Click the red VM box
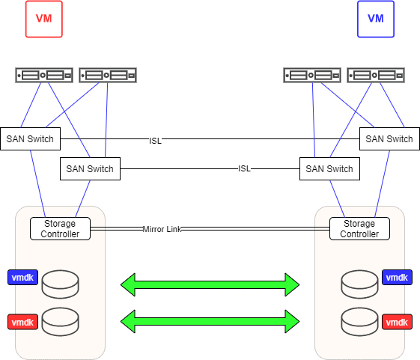pyautogui.click(x=44, y=19)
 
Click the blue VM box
pyautogui.click(x=376, y=19)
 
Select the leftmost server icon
pyautogui.click(x=44, y=76)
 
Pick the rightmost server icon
pyautogui.click(x=376, y=76)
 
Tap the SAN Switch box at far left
pyautogui.click(x=30, y=138)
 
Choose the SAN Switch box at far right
pyautogui.click(x=389, y=138)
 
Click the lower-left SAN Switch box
pyautogui.click(x=91, y=168)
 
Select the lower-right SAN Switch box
pyautogui.click(x=329, y=168)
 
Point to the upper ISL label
pyautogui.click(x=156, y=141)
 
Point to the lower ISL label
pyautogui.click(x=244, y=168)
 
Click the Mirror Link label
pyautogui.click(x=162, y=229)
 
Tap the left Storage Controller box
pyautogui.click(x=61, y=228)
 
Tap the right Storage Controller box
pyautogui.click(x=359, y=228)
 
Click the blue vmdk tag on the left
pyautogui.click(x=22, y=277)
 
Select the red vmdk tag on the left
pyautogui.click(x=22, y=322)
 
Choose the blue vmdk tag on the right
pyautogui.click(x=397, y=277)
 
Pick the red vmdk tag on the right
pyautogui.click(x=397, y=322)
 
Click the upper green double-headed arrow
pyautogui.click(x=210, y=284)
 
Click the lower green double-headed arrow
pyautogui.click(x=210, y=321)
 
